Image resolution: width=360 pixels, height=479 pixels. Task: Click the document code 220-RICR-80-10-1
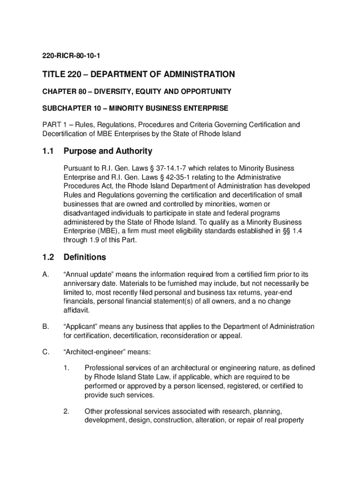(70, 57)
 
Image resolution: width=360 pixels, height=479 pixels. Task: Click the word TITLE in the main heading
(53, 74)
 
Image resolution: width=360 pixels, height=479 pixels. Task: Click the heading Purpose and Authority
(108, 151)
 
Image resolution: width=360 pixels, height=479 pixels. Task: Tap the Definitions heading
(85, 257)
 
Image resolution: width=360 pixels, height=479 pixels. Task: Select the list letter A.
(45, 275)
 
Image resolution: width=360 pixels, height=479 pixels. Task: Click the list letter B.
(45, 327)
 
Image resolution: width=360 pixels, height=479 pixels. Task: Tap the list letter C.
(45, 352)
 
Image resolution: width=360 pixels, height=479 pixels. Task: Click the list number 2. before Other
(66, 412)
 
